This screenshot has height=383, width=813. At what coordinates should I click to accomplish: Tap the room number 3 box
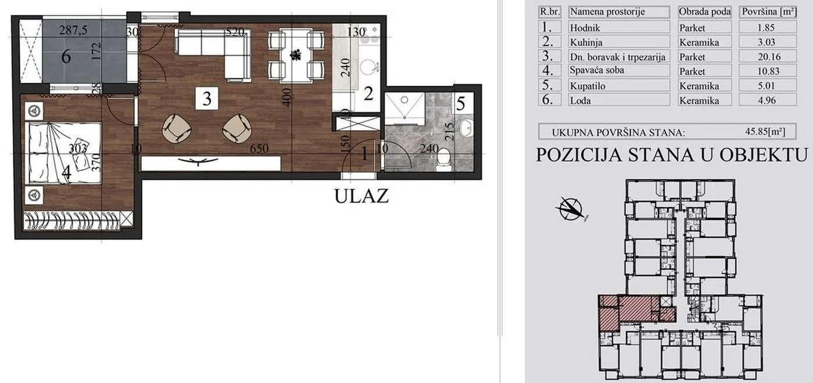click(x=207, y=99)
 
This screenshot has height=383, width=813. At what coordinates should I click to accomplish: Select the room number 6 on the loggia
click(x=66, y=57)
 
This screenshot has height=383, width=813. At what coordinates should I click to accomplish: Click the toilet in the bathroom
click(x=444, y=157)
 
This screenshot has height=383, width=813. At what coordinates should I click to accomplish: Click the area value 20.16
click(x=767, y=57)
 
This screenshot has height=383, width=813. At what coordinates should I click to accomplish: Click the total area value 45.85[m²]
click(x=765, y=132)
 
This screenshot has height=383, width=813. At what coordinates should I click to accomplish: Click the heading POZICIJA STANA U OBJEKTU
click(x=672, y=155)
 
